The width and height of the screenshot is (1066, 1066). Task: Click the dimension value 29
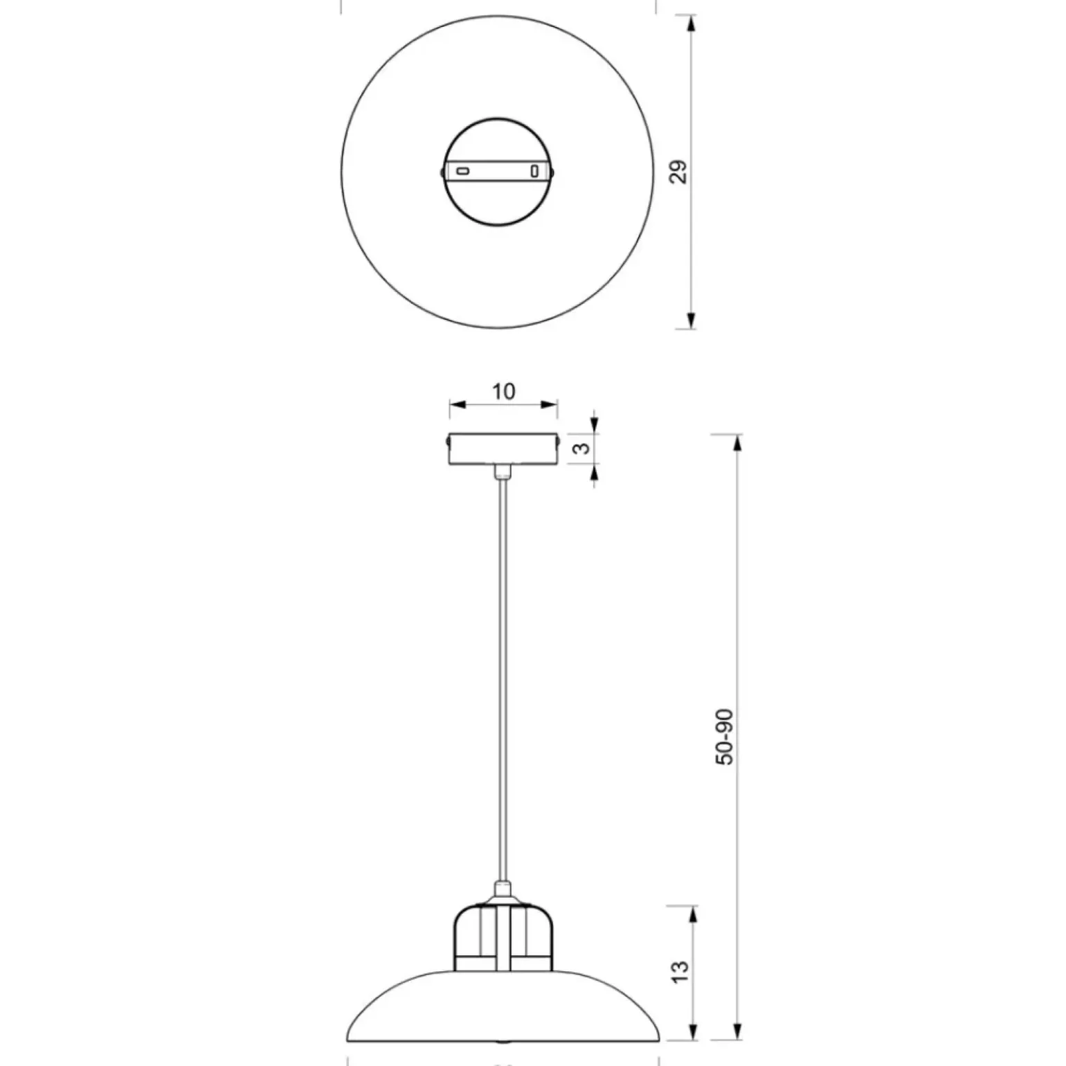coord(680,172)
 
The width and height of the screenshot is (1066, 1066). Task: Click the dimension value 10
coord(503,392)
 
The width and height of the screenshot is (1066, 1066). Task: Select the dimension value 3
coord(584,448)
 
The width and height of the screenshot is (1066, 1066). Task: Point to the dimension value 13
coord(680,972)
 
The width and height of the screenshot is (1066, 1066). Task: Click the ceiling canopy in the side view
coord(503,449)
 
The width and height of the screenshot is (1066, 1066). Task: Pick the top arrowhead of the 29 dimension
coord(690,24)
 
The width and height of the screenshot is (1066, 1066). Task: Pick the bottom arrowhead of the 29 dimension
coord(690,320)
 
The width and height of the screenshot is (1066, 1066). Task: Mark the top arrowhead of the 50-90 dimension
coord(737,443)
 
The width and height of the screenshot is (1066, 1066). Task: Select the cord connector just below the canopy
coord(503,471)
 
